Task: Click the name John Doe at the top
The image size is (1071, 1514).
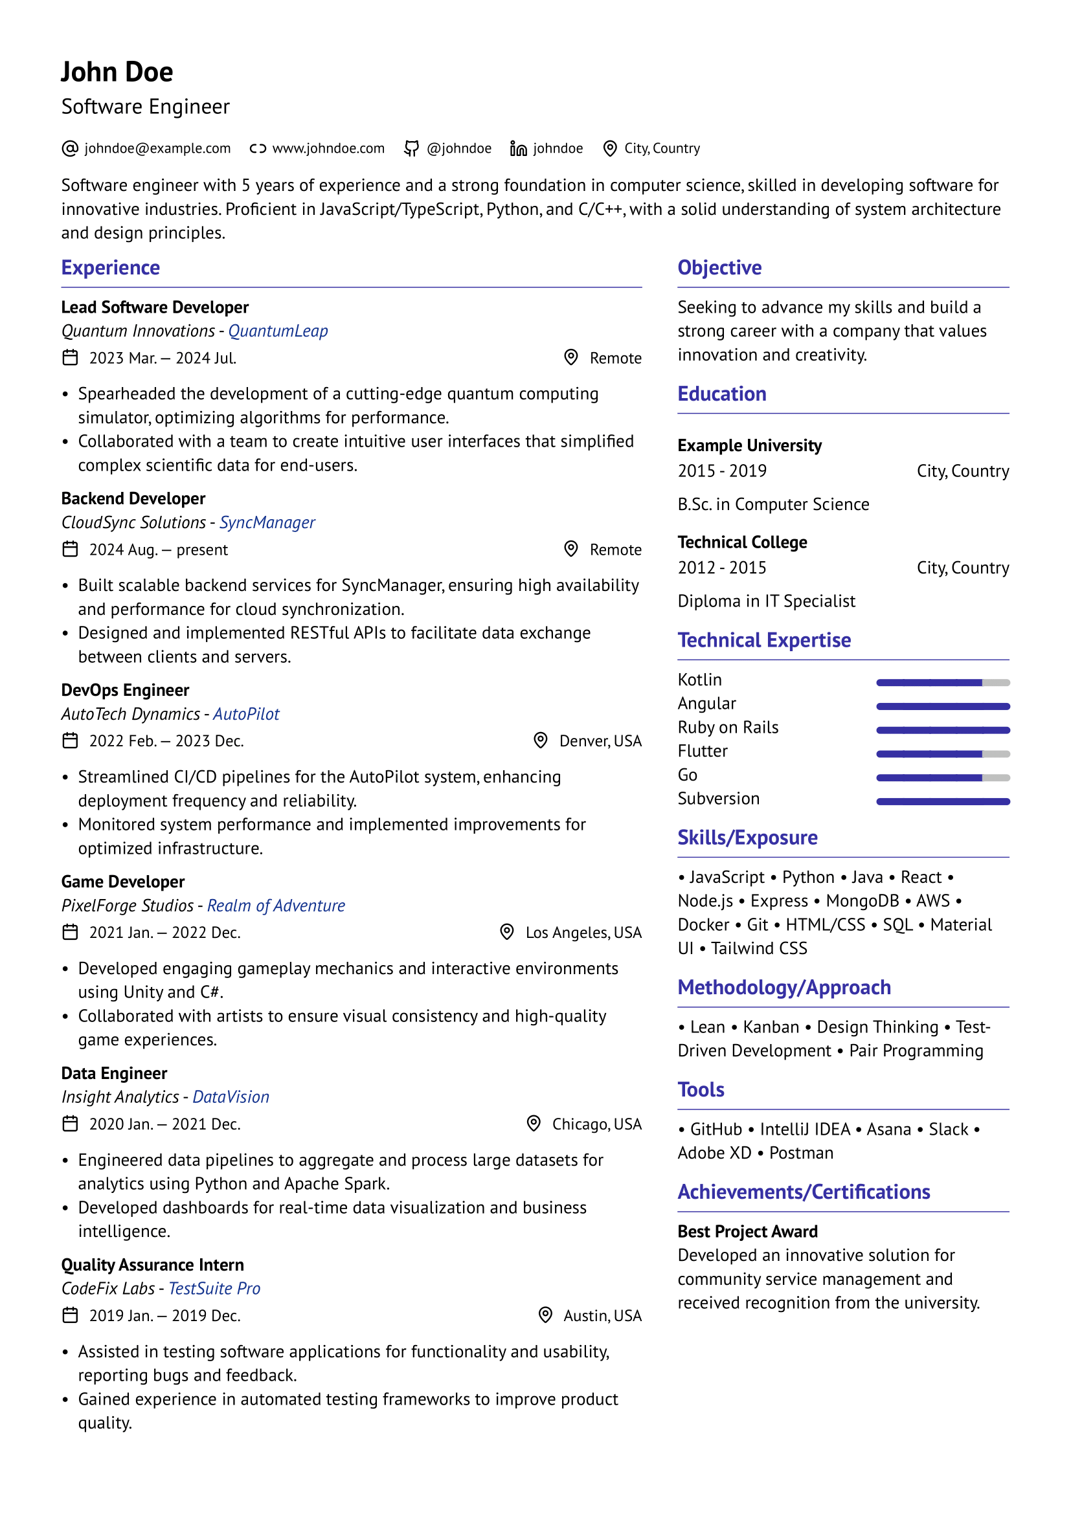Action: click(117, 72)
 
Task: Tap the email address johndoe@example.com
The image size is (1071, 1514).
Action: click(157, 148)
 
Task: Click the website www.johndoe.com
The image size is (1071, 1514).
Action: click(328, 148)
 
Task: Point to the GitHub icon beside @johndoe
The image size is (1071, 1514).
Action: click(411, 148)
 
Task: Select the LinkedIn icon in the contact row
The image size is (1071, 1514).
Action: click(519, 148)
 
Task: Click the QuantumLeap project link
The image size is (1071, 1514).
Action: click(278, 331)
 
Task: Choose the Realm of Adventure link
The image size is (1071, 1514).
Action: click(276, 906)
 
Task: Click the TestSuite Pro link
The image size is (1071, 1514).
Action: click(214, 1289)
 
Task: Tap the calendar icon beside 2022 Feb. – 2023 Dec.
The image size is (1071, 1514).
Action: click(70, 740)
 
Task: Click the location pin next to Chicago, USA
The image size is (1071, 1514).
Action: click(534, 1124)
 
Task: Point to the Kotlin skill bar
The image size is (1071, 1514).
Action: click(942, 682)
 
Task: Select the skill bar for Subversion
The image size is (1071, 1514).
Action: click(942, 802)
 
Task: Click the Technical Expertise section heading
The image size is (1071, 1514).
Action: click(763, 640)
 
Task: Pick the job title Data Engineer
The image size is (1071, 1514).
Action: click(114, 1073)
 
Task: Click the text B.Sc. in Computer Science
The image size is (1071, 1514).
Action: click(773, 504)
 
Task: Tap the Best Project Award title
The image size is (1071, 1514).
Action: click(747, 1232)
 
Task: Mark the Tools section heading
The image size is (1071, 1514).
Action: click(701, 1090)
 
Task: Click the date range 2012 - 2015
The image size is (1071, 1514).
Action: click(721, 568)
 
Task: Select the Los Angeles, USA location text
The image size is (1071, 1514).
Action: click(583, 932)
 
